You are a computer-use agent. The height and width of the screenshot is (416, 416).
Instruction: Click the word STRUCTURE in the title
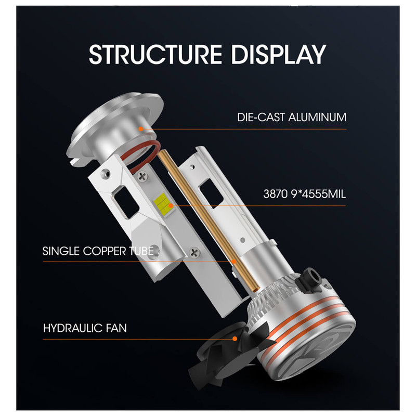point(155,54)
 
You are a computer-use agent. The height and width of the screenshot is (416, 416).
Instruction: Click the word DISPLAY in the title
point(279,54)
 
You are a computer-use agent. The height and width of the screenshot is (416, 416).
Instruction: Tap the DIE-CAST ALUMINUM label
point(292,117)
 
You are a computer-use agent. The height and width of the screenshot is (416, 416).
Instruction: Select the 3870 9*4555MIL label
point(304,194)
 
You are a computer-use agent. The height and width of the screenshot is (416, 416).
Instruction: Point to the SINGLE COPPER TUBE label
point(98,251)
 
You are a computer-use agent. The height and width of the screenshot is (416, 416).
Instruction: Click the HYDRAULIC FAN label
point(85,328)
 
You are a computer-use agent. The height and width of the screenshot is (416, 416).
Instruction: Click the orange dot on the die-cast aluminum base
point(141,129)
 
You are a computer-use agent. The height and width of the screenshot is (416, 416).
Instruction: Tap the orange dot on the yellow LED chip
point(171,205)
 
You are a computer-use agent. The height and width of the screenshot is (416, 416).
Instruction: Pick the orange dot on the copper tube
point(233,262)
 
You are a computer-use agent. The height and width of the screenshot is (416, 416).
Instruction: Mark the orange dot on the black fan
point(235,339)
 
